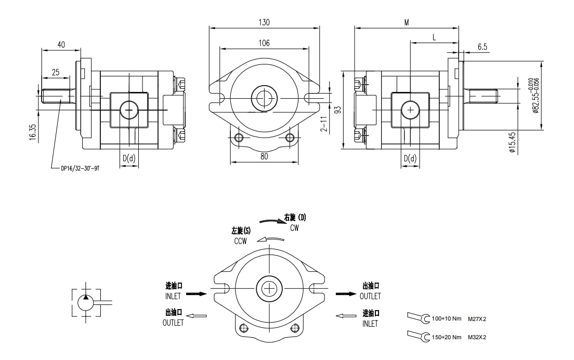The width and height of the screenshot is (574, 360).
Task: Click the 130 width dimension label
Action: click(264, 23)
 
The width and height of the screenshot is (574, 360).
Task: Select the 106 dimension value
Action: click(264, 44)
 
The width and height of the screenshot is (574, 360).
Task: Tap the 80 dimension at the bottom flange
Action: click(264, 156)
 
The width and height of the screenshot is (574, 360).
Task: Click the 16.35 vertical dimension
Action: click(33, 131)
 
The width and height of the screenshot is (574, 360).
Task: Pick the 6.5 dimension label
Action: click(482, 47)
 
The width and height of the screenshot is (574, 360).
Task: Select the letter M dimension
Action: click(407, 23)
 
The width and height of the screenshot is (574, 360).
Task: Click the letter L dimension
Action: click(434, 37)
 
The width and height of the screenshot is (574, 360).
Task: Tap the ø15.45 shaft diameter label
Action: click(512, 142)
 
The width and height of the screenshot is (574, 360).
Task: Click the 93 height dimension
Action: click(337, 110)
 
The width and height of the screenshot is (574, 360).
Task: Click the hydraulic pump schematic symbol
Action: click(85, 301)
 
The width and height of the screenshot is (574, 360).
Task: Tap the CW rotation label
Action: click(294, 228)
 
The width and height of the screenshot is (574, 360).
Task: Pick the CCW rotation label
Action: click(240, 241)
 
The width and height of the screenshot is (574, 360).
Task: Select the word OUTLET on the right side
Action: click(370, 296)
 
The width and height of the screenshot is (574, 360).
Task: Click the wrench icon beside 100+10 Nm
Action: click(419, 318)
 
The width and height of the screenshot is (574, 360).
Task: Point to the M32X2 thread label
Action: click(476, 337)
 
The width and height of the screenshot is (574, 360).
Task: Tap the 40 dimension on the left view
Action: click(61, 45)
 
